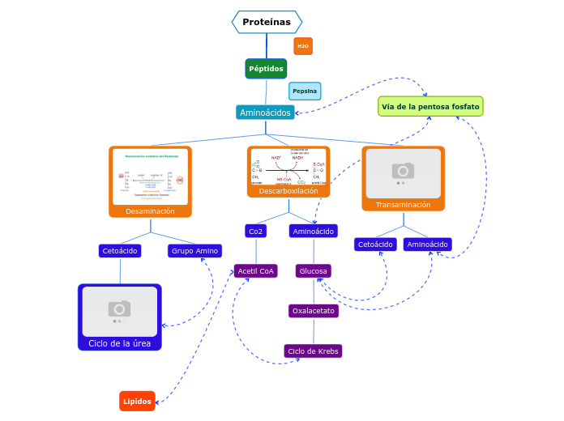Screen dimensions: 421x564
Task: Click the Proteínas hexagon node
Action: tap(267, 22)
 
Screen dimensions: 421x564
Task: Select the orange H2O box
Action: tap(303, 46)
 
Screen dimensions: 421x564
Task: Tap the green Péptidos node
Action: tap(266, 69)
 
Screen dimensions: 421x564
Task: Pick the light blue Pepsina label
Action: tap(305, 91)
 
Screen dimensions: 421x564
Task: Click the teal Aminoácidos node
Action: tap(265, 113)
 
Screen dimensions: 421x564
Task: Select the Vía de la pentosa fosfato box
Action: tap(430, 106)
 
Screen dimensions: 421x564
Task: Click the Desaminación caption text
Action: tap(150, 211)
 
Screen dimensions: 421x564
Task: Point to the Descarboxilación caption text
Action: tap(288, 191)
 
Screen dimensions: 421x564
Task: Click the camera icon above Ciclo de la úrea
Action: tap(119, 308)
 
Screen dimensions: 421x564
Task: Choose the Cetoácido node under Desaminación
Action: tap(120, 251)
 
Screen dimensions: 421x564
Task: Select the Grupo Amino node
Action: tap(194, 251)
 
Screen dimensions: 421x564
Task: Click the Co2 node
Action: tap(255, 232)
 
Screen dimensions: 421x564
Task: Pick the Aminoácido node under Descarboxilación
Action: tap(313, 232)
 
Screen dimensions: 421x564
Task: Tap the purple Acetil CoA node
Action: tap(255, 271)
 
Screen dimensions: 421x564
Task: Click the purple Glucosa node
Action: tap(313, 271)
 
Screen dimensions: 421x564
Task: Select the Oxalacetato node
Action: tap(313, 311)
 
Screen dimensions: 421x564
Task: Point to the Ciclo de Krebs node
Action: tap(313, 351)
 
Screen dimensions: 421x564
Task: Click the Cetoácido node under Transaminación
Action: tap(375, 245)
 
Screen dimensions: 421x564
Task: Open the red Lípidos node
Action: tap(137, 401)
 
